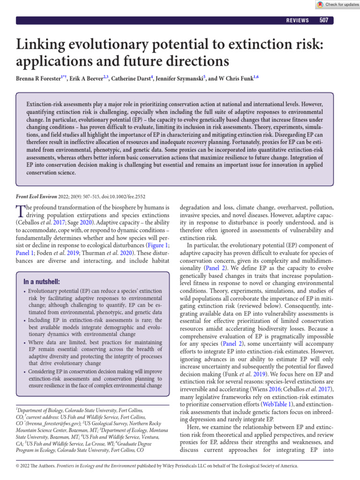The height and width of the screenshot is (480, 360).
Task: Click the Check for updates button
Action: tap(336, 5)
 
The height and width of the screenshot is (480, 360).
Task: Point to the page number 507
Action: tap(323, 20)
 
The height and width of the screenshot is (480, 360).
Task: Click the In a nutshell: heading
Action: tap(42, 281)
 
